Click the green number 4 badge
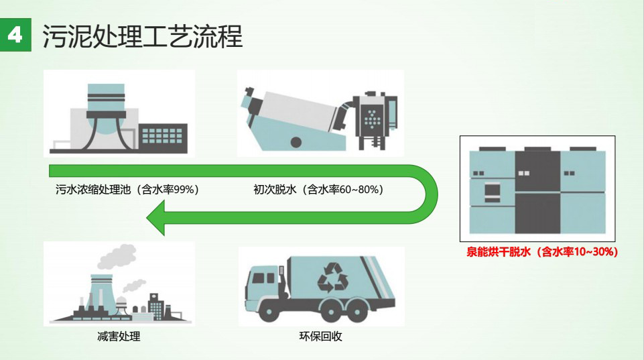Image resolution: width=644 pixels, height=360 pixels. (x=15, y=35)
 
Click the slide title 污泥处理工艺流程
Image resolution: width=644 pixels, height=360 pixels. (x=143, y=36)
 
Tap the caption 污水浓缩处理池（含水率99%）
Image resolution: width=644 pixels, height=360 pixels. (x=127, y=190)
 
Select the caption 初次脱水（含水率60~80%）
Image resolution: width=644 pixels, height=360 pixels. (x=319, y=190)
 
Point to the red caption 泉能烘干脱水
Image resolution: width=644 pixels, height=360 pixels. (x=499, y=251)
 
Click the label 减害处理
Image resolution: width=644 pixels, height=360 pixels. (x=119, y=337)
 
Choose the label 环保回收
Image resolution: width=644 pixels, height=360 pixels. (x=321, y=337)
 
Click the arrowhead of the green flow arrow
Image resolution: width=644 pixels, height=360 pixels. (x=156, y=218)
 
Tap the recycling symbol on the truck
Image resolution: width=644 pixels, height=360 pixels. (x=332, y=278)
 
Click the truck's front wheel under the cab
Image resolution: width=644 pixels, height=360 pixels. (x=269, y=311)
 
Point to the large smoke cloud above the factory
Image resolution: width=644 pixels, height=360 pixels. (x=117, y=255)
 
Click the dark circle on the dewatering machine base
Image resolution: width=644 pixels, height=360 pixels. (x=296, y=142)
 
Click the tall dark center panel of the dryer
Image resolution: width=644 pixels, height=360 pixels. (x=537, y=192)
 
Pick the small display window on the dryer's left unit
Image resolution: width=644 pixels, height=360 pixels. (x=492, y=192)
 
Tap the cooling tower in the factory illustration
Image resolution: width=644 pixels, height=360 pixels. (x=101, y=294)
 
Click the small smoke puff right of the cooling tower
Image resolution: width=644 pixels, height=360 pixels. (x=133, y=286)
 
